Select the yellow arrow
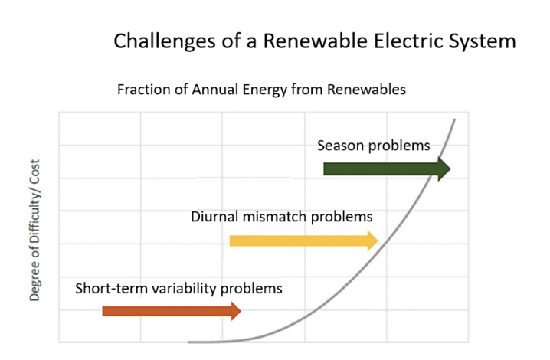299,241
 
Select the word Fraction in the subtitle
142,90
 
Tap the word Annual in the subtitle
212,90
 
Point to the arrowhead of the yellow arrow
373,241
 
